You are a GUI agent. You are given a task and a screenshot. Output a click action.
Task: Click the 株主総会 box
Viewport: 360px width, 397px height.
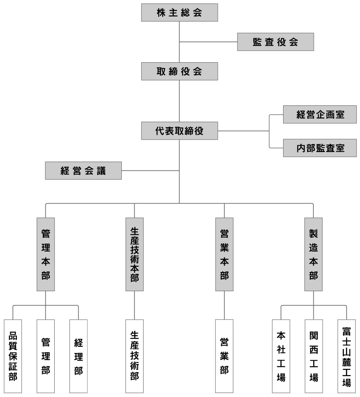(x=180, y=12)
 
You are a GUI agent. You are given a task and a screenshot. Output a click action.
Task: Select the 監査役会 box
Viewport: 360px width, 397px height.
(x=276, y=42)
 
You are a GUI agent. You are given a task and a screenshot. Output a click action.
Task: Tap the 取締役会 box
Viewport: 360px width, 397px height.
(x=180, y=71)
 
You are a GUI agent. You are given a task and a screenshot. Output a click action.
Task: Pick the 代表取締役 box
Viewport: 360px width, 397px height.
(x=180, y=131)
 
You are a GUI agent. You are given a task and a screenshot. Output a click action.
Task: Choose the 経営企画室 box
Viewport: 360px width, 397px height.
(x=320, y=114)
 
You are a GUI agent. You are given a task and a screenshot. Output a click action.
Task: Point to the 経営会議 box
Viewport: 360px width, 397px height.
(x=83, y=171)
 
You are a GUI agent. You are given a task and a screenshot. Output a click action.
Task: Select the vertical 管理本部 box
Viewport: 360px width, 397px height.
(x=46, y=254)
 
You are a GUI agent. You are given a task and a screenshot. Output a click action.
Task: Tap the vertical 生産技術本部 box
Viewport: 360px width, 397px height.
(x=135, y=254)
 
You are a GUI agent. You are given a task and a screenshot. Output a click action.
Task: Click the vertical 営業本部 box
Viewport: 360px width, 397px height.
(x=224, y=254)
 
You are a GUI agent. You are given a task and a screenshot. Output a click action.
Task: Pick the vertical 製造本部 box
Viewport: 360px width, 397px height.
(x=313, y=254)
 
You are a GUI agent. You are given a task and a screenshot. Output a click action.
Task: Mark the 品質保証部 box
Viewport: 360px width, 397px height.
(x=13, y=356)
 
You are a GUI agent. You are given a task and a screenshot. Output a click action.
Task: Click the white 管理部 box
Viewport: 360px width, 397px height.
(x=46, y=356)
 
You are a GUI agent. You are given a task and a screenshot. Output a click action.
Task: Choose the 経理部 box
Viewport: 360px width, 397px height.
(x=79, y=356)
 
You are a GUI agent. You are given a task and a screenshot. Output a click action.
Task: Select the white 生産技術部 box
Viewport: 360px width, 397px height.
(x=135, y=356)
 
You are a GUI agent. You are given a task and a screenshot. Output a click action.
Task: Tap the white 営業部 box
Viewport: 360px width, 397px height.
(x=224, y=356)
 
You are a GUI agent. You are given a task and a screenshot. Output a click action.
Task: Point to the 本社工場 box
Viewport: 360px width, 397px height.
(x=281, y=356)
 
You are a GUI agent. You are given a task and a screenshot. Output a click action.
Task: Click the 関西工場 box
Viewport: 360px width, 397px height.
(x=313, y=356)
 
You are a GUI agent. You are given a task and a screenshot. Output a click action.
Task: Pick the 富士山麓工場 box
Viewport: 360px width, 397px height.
(x=347, y=356)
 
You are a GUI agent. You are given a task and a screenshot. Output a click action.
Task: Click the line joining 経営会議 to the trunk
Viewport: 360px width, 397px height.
(x=150, y=171)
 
